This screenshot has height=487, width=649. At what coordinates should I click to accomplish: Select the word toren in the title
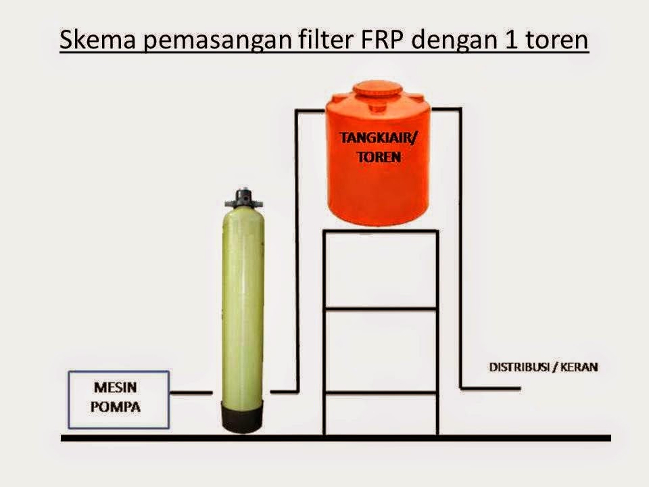(555, 42)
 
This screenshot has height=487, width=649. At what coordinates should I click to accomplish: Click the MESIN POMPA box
(118, 399)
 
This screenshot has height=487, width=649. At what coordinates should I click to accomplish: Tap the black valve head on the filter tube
(243, 198)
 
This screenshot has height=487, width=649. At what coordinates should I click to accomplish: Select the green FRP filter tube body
(243, 304)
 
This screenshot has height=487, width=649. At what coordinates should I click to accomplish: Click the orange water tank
(379, 183)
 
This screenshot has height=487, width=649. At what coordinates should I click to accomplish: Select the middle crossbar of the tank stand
(381, 309)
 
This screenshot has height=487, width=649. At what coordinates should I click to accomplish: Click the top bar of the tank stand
(381, 231)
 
